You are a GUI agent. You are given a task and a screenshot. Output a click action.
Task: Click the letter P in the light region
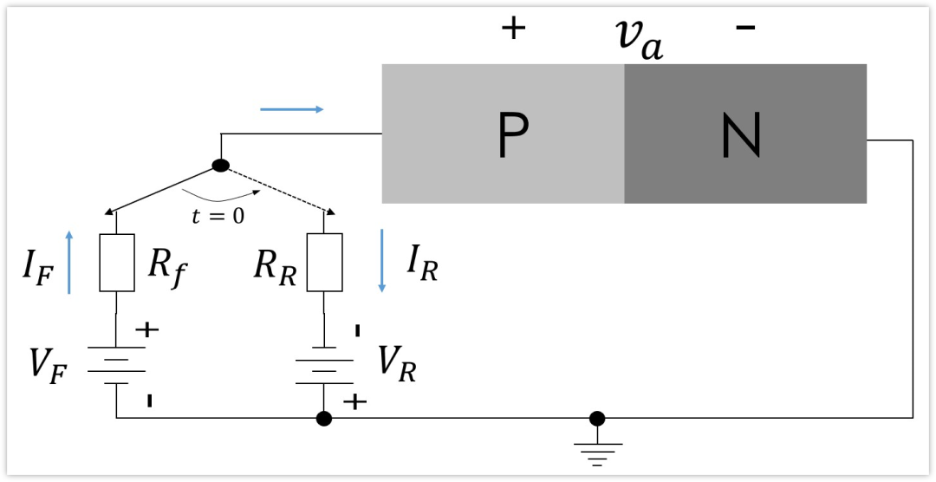tap(513, 136)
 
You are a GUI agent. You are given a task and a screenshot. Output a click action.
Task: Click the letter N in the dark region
tap(741, 136)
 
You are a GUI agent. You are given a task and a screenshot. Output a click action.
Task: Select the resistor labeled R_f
tap(117, 262)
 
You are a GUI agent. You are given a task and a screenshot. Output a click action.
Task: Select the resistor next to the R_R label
tap(324, 262)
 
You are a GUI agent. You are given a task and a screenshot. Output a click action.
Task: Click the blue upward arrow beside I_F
tap(70, 262)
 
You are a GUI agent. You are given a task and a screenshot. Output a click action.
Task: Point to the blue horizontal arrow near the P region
tap(292, 109)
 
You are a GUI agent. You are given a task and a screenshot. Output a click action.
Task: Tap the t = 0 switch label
tap(218, 216)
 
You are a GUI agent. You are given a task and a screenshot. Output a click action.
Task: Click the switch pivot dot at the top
tap(221, 166)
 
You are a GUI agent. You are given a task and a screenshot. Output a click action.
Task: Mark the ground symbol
tap(597, 451)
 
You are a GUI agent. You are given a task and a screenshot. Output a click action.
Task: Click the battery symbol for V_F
tap(116, 365)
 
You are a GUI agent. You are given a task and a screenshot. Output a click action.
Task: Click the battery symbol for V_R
tap(324, 365)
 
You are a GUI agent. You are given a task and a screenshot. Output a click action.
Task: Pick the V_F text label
tap(47, 363)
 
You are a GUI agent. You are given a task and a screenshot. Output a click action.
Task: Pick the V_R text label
tap(397, 363)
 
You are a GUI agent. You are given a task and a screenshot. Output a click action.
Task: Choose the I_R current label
tap(422, 264)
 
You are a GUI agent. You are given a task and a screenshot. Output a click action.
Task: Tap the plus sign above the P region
tap(513, 29)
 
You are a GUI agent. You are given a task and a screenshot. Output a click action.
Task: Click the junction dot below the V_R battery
tap(324, 419)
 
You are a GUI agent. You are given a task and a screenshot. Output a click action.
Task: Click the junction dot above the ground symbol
tap(597, 419)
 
